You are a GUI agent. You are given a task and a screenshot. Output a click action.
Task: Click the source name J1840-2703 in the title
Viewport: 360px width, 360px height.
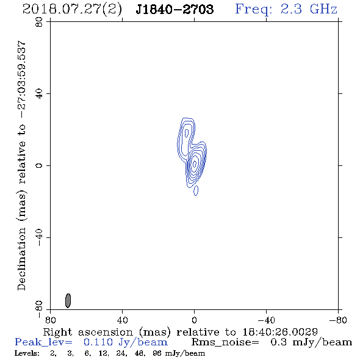coord(175,10)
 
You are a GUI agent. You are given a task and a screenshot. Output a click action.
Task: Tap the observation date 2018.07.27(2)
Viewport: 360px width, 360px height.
coord(72,10)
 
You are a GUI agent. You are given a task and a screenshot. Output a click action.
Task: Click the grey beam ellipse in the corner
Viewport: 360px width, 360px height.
coord(68,301)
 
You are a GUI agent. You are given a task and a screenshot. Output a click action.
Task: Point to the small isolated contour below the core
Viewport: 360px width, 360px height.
coord(196,190)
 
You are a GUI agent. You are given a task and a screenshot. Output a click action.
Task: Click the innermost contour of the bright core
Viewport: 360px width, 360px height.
coord(195,164)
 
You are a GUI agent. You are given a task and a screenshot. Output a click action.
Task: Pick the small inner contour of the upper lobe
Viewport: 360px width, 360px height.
coord(187,133)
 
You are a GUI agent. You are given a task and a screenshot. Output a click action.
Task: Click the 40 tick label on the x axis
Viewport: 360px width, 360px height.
coord(122,320)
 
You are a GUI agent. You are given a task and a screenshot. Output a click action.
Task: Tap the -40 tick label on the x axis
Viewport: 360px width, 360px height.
coord(266,320)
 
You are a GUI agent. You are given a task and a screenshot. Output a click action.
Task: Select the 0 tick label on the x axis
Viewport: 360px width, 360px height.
coord(194,320)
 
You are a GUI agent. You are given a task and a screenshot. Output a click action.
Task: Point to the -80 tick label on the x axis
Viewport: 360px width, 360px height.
coord(338,320)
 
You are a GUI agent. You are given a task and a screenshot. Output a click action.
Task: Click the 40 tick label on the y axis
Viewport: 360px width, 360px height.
coord(39,94)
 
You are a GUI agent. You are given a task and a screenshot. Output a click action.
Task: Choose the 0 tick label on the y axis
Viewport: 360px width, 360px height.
coord(39,165)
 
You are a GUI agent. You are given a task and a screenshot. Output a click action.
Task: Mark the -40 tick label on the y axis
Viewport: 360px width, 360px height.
coord(39,237)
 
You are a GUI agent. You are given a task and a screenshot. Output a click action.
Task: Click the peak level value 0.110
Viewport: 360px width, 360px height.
coord(98,342)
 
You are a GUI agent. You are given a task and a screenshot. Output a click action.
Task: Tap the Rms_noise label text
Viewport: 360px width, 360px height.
coord(225,342)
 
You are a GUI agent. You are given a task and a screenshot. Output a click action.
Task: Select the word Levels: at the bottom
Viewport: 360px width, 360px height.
coord(27,353)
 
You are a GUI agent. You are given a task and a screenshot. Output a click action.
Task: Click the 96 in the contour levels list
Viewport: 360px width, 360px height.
coord(157,353)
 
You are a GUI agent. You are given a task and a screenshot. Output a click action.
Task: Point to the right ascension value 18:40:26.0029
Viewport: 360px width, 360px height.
coord(280,332)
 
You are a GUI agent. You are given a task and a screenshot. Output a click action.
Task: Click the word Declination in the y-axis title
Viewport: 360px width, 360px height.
coord(21,259)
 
